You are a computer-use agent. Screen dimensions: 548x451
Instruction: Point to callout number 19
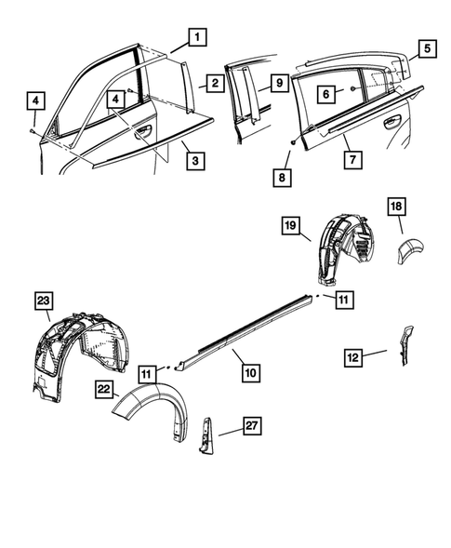289,226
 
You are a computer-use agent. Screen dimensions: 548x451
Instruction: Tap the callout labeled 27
251,426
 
